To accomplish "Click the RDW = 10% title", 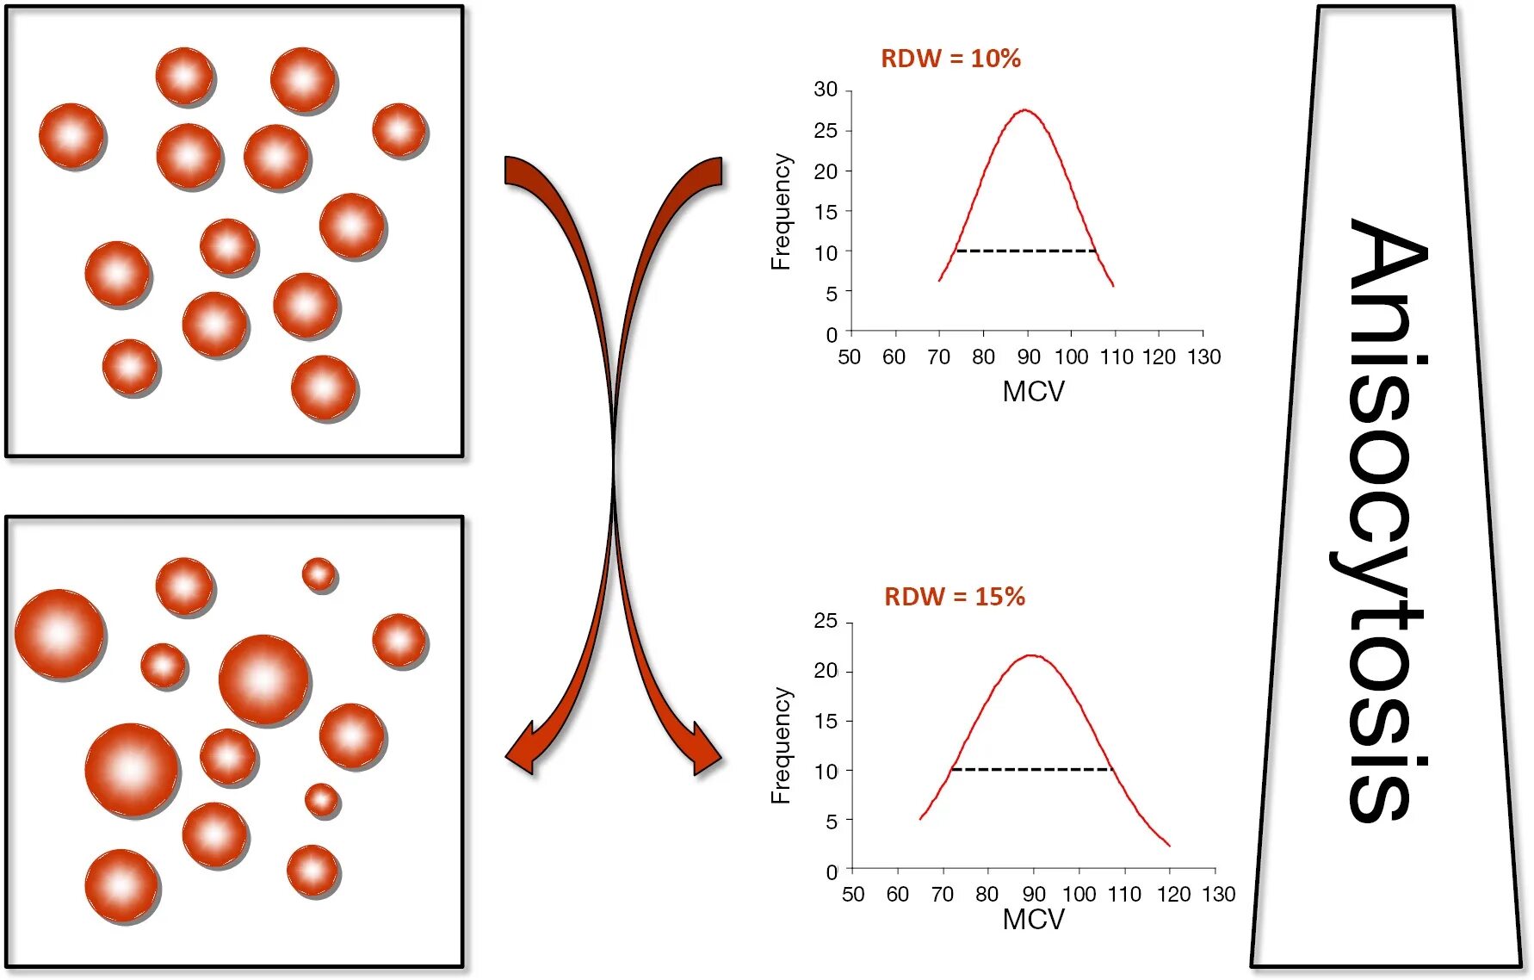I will click(x=950, y=59).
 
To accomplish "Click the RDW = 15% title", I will click(x=955, y=597).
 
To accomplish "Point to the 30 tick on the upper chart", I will click(x=826, y=90).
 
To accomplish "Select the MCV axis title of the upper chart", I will click(x=1033, y=392).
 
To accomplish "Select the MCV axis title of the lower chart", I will click(x=1033, y=920).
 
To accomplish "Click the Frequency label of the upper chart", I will click(x=781, y=212).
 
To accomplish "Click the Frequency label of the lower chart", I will click(x=781, y=746).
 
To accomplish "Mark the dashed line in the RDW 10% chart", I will click(x=1025, y=251).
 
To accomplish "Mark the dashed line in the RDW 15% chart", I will click(x=1031, y=769).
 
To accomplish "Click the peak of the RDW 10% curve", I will click(x=1025, y=110).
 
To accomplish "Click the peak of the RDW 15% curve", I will click(x=1032, y=656).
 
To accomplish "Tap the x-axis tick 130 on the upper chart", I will click(x=1203, y=357).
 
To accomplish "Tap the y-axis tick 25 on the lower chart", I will click(x=826, y=621).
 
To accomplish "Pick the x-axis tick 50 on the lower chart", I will click(x=853, y=895).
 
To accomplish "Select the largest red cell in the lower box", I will click(x=133, y=770).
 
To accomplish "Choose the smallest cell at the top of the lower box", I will click(x=319, y=574).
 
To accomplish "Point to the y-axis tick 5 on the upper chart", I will click(x=831, y=294).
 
